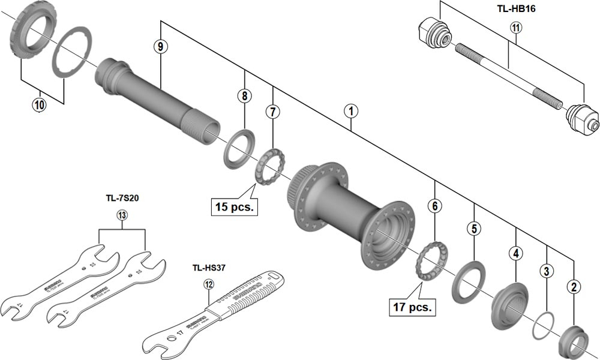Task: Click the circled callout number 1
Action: (350, 111)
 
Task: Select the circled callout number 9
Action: (159, 46)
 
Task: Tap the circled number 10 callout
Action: (39, 104)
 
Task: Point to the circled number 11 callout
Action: (517, 27)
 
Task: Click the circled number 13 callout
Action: (122, 215)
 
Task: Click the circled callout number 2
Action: (574, 287)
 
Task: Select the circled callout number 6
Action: (435, 206)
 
